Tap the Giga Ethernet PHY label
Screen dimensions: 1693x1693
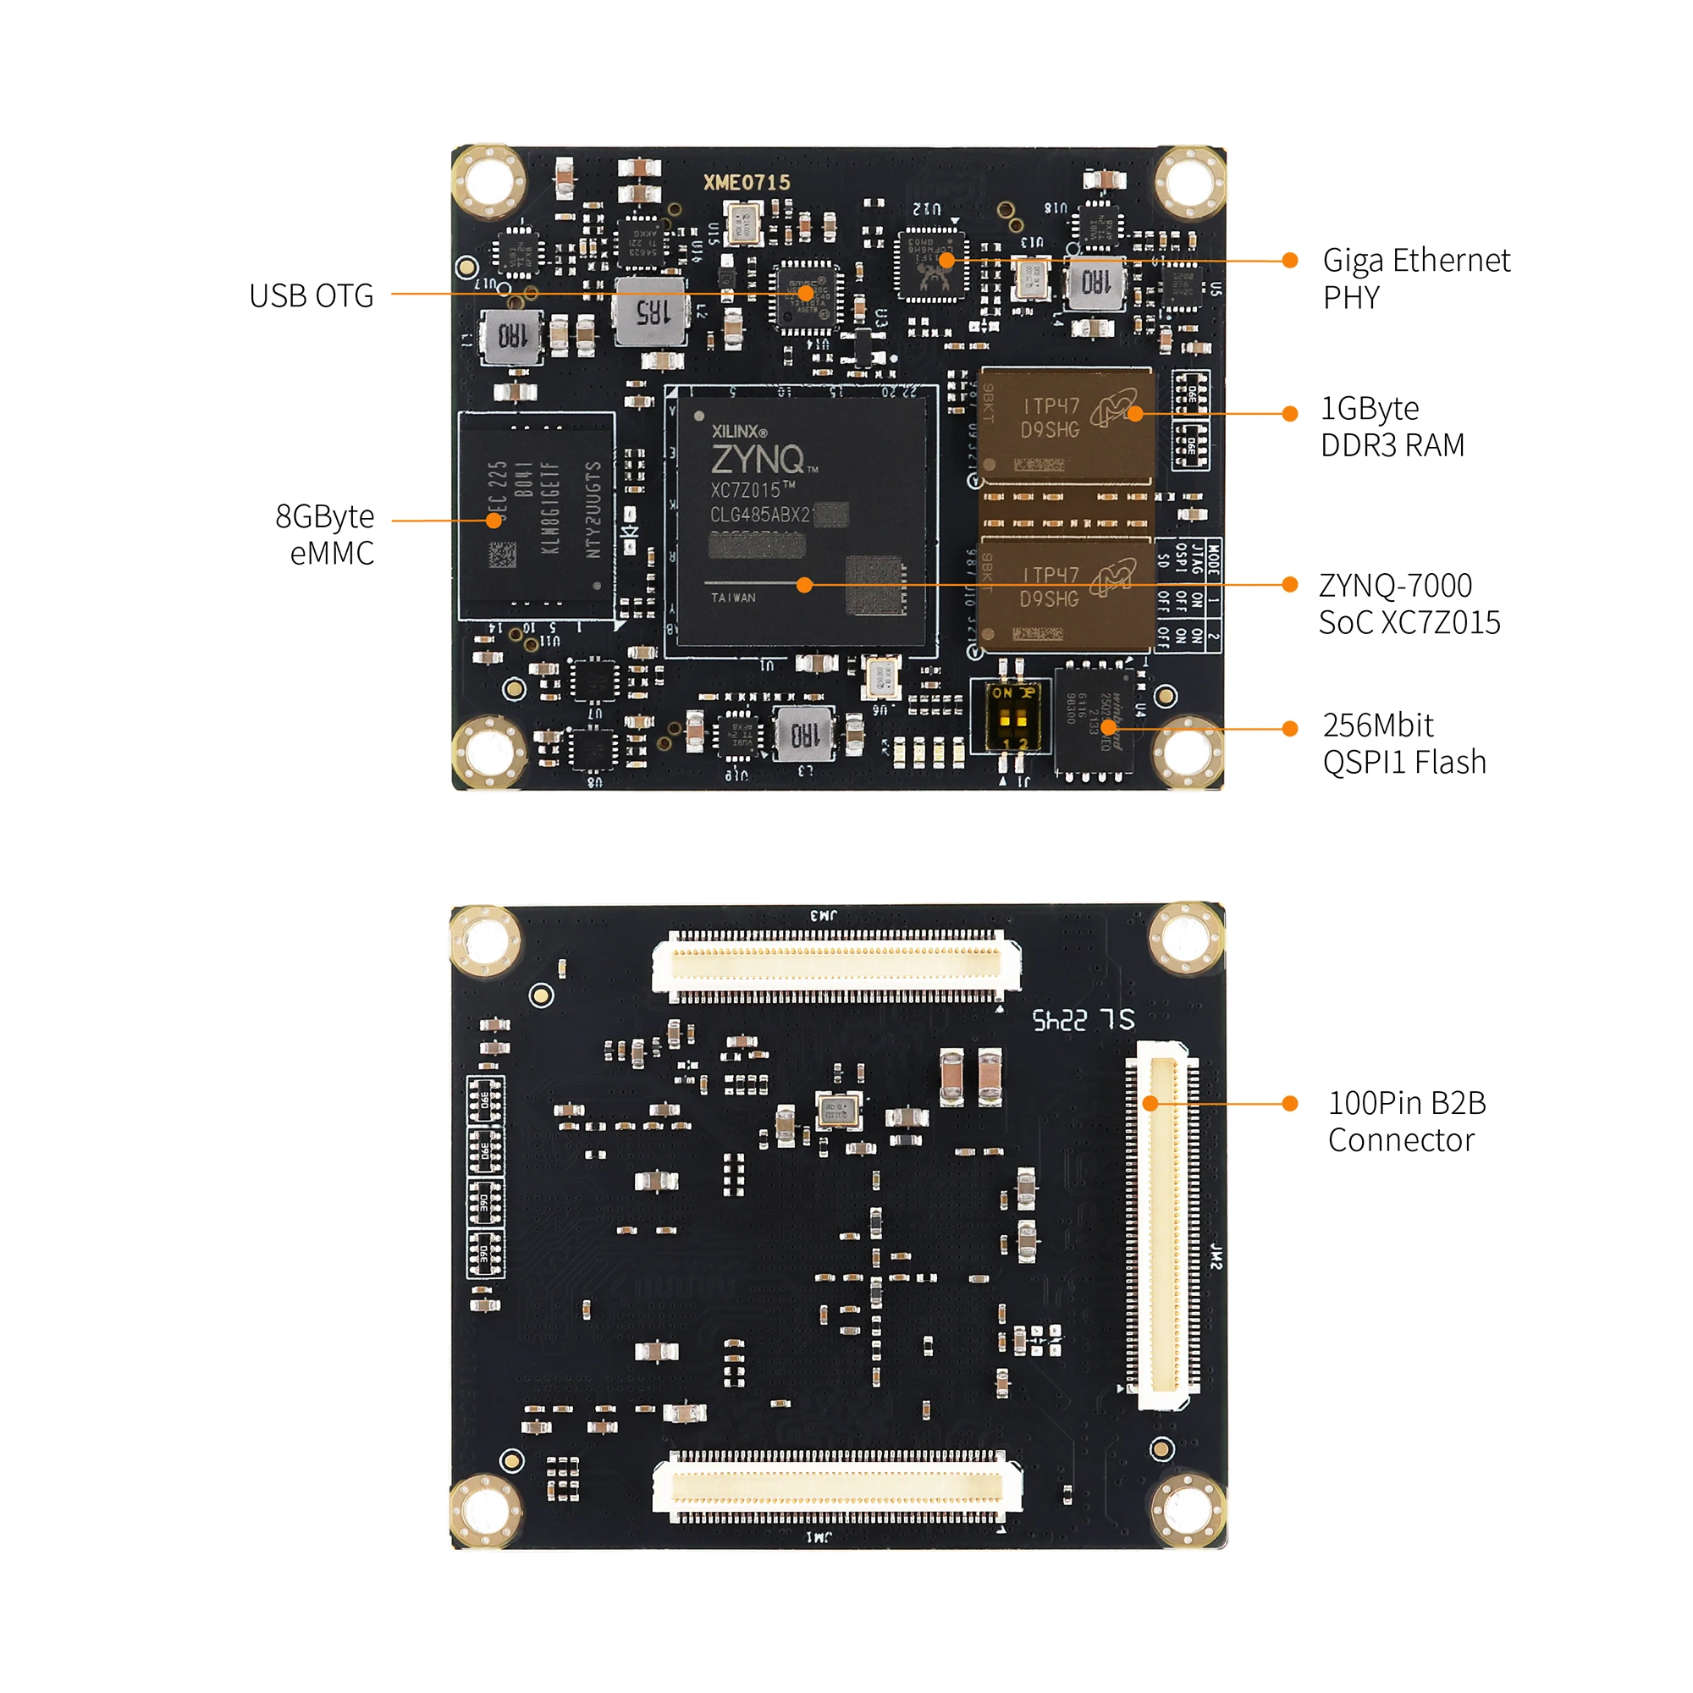1415,278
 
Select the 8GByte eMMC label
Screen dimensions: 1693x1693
325,534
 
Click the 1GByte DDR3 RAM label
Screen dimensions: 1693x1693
1392,427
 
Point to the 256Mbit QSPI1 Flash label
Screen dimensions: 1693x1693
1403,744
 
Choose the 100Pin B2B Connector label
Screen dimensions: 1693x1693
1406,1121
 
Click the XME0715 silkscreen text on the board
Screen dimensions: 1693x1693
747,182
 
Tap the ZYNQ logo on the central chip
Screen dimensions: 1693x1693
758,459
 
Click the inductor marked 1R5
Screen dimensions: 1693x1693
650,311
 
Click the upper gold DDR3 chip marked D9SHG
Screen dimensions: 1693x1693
1065,424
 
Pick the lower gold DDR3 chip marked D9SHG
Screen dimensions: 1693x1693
1065,594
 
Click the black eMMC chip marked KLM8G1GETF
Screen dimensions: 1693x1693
538,516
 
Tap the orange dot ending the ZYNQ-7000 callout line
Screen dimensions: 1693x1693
1289,584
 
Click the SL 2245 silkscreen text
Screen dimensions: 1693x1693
1084,1019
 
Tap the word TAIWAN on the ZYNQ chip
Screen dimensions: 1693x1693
732,598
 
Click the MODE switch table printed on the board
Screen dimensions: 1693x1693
1188,595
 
